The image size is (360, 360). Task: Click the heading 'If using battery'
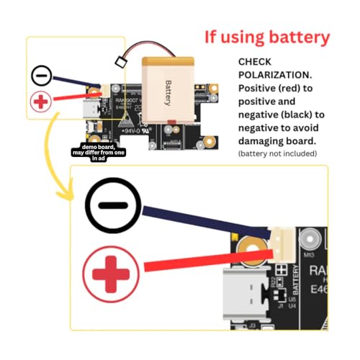click(x=266, y=37)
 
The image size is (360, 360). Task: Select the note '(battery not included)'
click(x=276, y=154)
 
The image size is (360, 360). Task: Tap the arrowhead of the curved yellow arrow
click(x=66, y=194)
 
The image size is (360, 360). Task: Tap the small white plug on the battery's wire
click(x=120, y=63)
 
